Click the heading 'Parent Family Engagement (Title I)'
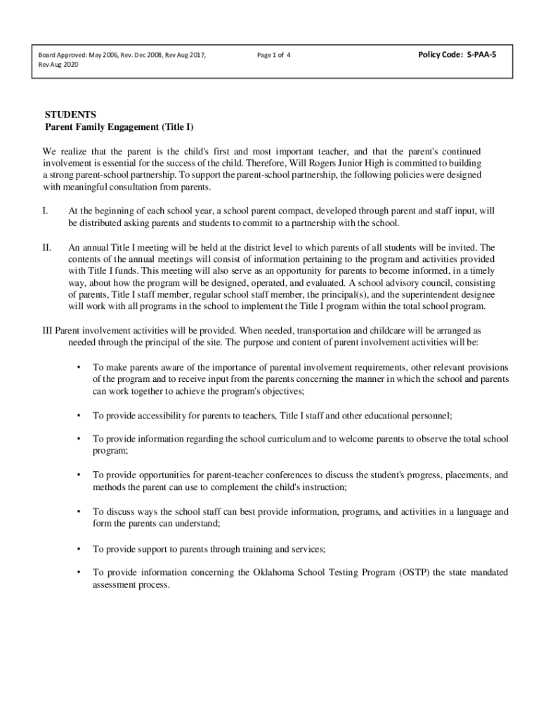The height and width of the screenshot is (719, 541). [x=119, y=127]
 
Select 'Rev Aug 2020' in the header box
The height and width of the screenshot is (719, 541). [x=59, y=64]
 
